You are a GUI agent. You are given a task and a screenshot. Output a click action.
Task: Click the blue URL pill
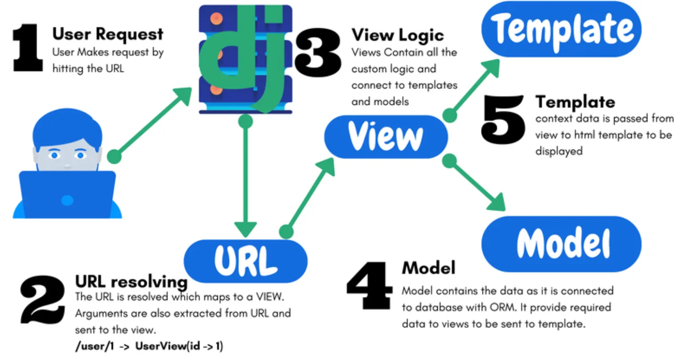tap(245, 261)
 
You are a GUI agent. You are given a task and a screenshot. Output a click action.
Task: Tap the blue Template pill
tap(561, 29)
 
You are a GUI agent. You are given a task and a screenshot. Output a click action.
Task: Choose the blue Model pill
tap(561, 244)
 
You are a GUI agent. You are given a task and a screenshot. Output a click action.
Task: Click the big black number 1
tap(28, 48)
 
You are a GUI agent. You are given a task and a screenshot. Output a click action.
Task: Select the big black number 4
tap(370, 286)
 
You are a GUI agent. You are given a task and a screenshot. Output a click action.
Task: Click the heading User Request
tap(108, 34)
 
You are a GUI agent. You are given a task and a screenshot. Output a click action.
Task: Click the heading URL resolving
tap(131, 281)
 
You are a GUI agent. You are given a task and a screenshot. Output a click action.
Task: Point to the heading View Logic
tap(398, 35)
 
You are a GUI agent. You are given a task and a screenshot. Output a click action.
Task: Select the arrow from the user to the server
tap(152, 123)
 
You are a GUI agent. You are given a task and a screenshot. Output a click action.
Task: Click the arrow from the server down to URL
tap(245, 178)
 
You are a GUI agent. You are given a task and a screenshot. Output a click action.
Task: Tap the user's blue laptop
tap(67, 194)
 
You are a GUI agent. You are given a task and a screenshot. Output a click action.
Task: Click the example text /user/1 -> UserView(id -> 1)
tap(149, 346)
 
